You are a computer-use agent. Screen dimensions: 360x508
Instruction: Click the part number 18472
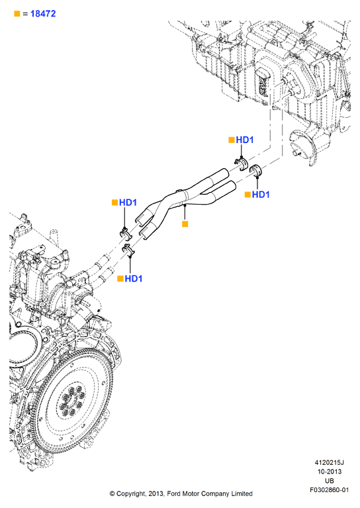click(43, 14)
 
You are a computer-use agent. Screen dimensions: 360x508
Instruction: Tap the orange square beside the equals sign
click(17, 14)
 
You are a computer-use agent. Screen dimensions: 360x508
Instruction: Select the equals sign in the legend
click(25, 14)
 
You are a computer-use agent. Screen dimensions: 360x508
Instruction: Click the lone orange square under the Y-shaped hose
click(185, 224)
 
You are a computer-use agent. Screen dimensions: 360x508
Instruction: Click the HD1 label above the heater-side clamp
click(245, 140)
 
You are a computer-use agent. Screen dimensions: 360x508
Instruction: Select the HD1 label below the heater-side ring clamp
click(261, 194)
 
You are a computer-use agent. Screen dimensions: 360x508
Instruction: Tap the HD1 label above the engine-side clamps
click(128, 203)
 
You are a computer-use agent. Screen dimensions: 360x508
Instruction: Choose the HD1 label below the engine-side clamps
click(134, 279)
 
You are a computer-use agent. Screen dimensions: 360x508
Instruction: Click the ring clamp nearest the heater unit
click(257, 170)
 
